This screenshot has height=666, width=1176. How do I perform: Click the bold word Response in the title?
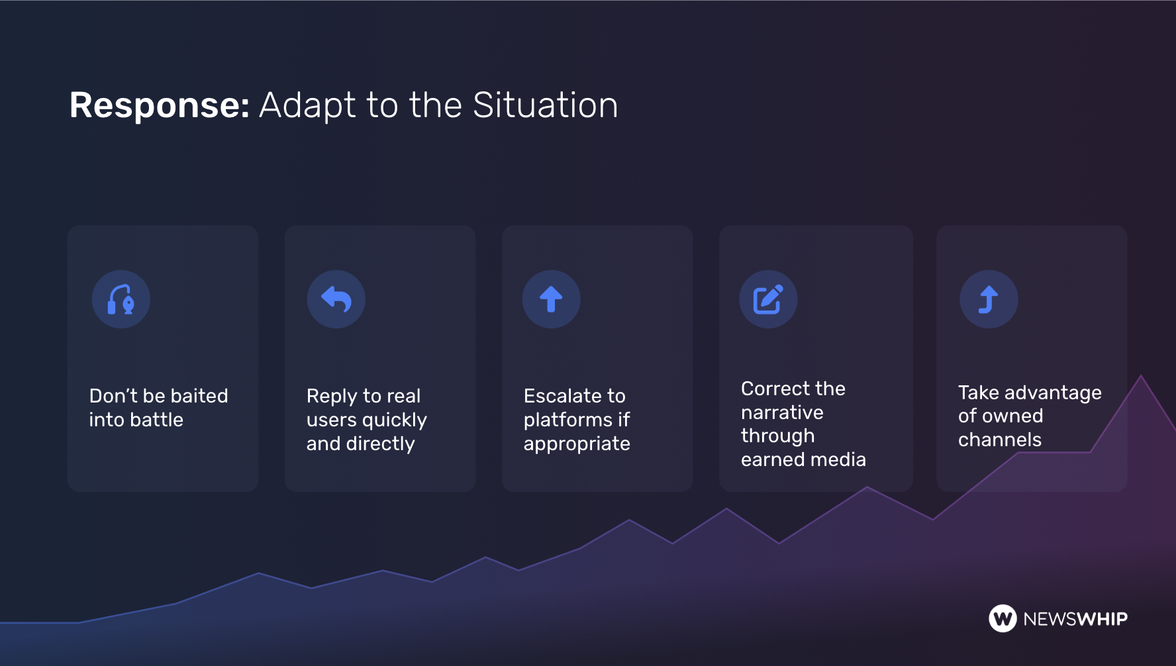(x=159, y=106)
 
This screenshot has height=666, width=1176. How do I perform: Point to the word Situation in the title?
(x=546, y=105)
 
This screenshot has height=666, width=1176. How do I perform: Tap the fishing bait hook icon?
(x=121, y=299)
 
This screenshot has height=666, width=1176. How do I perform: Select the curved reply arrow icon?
(x=336, y=299)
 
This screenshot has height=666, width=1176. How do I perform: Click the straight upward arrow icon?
(x=551, y=299)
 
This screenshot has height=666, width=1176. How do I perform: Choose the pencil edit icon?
(x=768, y=299)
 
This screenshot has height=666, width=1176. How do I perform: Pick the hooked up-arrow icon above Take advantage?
(x=989, y=299)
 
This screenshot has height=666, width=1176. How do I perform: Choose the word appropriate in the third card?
(x=577, y=444)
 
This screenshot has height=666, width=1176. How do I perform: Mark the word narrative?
(x=782, y=412)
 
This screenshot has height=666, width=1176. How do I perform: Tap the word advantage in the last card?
(x=1053, y=393)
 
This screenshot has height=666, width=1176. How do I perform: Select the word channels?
(x=1000, y=440)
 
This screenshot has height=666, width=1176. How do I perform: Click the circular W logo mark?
(x=1003, y=619)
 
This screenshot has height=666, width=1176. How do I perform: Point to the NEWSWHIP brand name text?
(x=1075, y=619)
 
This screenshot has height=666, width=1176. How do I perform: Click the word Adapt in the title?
(x=307, y=106)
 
